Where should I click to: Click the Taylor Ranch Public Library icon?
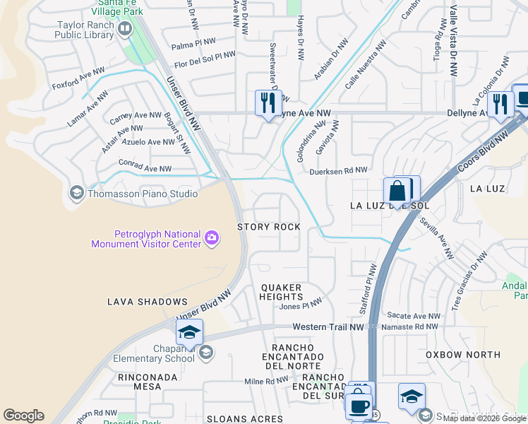(x=125, y=29)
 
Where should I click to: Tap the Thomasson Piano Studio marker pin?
(x=77, y=193)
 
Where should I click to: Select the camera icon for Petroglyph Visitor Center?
(x=211, y=238)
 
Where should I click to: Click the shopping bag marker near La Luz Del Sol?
(x=397, y=191)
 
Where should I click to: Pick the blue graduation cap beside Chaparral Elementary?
(x=189, y=333)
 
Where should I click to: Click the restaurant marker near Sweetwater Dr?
(x=268, y=103)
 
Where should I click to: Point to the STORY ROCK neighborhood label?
(x=269, y=227)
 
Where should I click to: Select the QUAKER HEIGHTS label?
(x=282, y=293)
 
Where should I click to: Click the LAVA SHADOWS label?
(x=147, y=302)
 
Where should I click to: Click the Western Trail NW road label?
(x=328, y=327)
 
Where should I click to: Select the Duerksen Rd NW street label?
(x=338, y=170)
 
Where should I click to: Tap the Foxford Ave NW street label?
(x=78, y=79)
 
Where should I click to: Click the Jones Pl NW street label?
(x=300, y=306)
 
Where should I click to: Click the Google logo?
(x=23, y=416)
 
